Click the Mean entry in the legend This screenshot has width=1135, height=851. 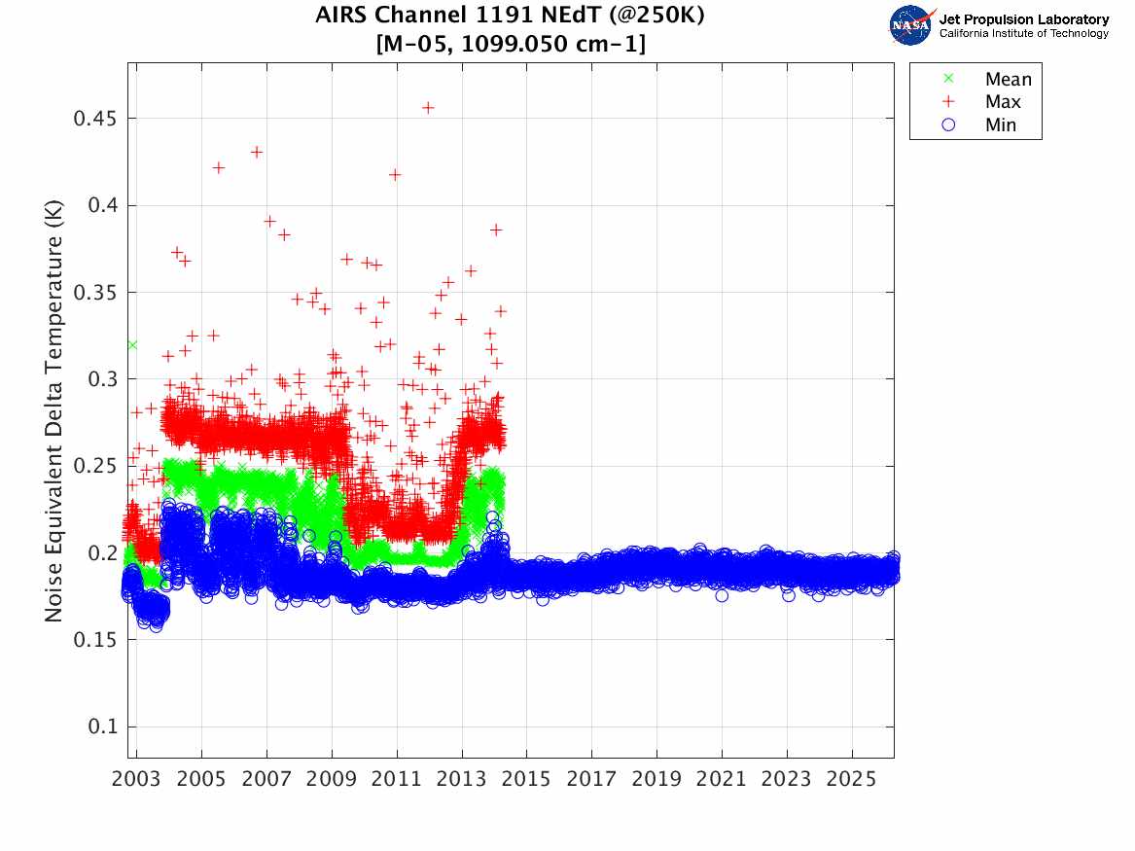coord(1008,80)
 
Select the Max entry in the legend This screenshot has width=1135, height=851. coord(1003,102)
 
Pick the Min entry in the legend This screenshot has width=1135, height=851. coord(1001,124)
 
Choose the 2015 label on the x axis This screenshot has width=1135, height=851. coord(527,780)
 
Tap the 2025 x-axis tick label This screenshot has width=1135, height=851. coord(852,780)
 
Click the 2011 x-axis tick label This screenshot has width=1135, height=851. coord(397,780)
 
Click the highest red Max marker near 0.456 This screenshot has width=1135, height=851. coord(428,107)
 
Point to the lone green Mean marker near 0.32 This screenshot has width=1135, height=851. coord(132,345)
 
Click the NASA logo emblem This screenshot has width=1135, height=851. coord(911,25)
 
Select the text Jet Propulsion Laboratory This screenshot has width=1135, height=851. coord(1023,19)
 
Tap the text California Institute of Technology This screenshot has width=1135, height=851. coord(1023,34)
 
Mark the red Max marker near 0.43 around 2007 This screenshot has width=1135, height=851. coord(257,152)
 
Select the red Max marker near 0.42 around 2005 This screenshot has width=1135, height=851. coord(219,167)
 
